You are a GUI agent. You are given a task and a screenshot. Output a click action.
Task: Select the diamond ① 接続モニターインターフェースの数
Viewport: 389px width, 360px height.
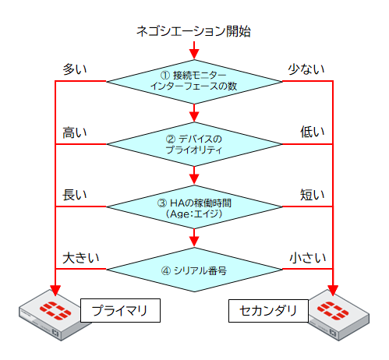[194, 80]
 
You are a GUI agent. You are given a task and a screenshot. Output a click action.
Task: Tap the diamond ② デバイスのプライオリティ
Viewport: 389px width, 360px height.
[194, 144]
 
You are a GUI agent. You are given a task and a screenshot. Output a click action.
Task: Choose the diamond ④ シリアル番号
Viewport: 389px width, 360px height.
[194, 271]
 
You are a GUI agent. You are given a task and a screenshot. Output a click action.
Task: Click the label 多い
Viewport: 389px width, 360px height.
[75, 69]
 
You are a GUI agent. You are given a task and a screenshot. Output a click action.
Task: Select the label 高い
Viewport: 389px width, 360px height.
[75, 132]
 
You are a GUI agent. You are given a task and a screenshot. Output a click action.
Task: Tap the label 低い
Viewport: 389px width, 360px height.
[313, 132]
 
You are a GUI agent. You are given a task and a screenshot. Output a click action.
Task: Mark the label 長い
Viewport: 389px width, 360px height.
[75, 195]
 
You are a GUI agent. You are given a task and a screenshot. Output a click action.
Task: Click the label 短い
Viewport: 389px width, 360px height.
[313, 195]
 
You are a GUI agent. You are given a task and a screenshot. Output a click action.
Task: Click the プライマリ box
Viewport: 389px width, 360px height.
[120, 311]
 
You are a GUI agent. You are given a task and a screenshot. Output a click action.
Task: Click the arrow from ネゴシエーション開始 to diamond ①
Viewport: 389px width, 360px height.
[194, 51]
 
